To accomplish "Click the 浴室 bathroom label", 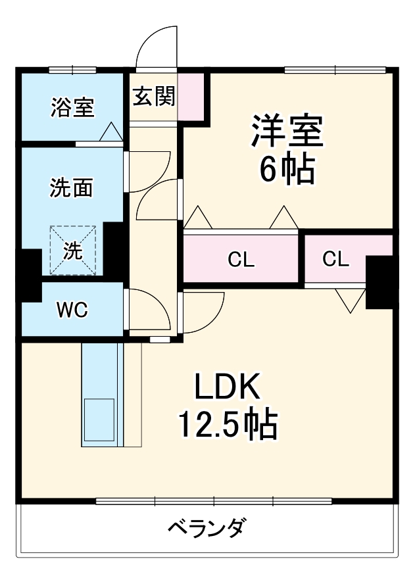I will point(72,107).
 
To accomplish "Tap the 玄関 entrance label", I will point(155,97).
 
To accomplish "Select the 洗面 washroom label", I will point(72,189).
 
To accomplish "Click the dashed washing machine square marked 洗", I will point(73,250).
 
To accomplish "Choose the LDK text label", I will point(228,388).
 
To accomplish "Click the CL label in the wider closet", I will point(241,260).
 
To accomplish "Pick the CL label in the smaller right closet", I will point(335,259).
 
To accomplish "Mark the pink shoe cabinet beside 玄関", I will point(191,97).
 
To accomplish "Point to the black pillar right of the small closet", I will point(379,282).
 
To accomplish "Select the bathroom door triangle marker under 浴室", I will point(110,132).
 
